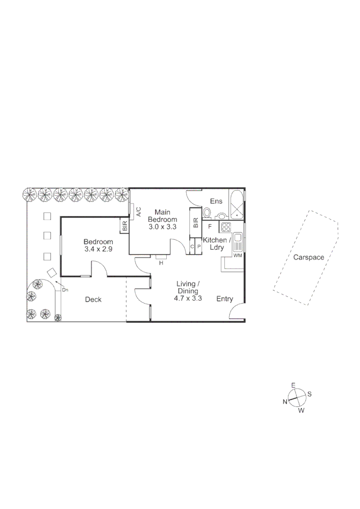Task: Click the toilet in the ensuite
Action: point(207,214)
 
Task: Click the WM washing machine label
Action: point(238,256)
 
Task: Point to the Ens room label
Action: point(216,201)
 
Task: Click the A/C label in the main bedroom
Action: point(138,212)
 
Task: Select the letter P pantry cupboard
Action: point(199,246)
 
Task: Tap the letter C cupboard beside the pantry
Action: point(192,246)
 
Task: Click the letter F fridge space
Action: point(210,226)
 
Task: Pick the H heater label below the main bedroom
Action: point(161,263)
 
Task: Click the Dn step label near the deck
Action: point(65,289)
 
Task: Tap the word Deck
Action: point(93,299)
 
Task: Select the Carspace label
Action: point(309,257)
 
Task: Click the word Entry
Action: point(225,298)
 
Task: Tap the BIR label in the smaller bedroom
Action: point(125,226)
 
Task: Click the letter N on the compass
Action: point(285,402)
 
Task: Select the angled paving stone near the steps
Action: point(51,272)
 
